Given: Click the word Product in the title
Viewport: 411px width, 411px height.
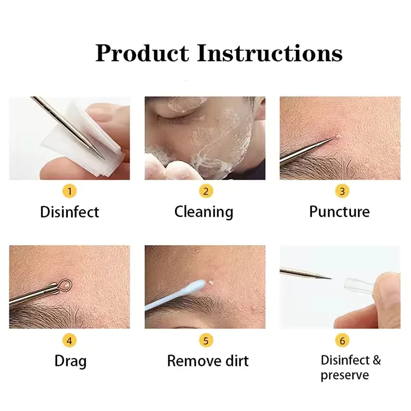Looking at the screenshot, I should pos(142,53).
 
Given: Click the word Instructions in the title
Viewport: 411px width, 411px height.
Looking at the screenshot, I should pos(270,53).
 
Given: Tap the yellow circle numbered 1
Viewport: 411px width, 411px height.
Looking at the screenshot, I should pos(70,192).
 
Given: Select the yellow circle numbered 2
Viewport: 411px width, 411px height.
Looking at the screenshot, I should pos(206,192).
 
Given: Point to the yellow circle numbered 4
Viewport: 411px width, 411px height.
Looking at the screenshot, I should pos(70,340).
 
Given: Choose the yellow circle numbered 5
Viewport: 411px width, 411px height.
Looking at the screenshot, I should pos(206,340).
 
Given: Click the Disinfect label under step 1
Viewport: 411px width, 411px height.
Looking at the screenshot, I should pos(69,212).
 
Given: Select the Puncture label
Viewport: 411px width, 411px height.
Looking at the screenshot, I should pos(339,212).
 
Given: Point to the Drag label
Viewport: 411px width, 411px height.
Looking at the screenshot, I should pos(70,361).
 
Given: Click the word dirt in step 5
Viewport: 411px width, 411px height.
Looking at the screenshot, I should pos(234,361).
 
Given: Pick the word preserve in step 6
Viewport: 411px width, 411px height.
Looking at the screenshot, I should pos(345,375).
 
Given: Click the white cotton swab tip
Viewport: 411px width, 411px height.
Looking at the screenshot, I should pos(197,287).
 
